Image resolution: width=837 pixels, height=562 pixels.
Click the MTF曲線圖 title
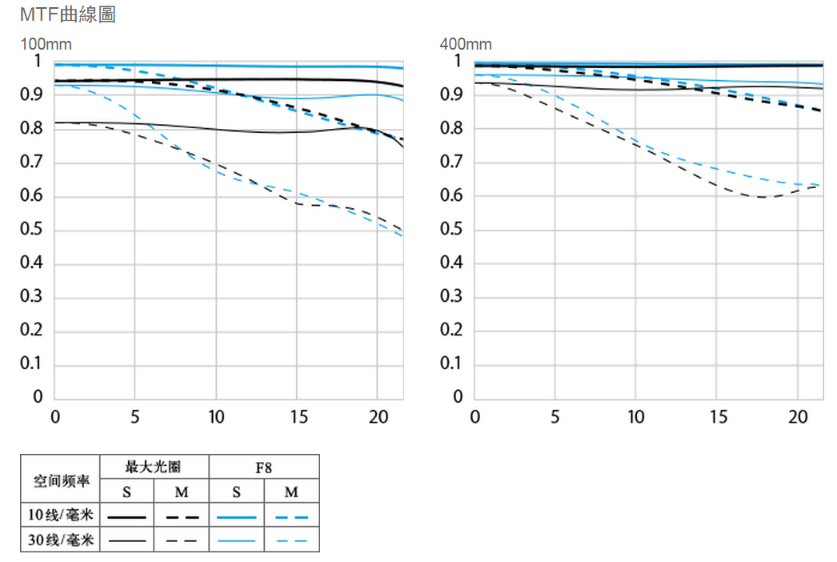(x=67, y=14)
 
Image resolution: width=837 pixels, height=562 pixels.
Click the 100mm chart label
(x=46, y=44)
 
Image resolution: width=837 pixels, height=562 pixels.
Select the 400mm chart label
(x=466, y=44)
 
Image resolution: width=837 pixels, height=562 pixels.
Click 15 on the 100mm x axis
(x=296, y=417)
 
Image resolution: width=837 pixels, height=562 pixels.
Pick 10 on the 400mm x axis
(x=635, y=417)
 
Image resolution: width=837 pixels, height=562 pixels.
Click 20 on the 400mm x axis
(x=797, y=417)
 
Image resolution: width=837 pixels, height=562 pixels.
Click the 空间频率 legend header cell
(x=60, y=481)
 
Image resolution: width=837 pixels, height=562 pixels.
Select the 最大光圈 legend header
(x=154, y=467)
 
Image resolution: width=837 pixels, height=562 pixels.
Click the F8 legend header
(x=264, y=467)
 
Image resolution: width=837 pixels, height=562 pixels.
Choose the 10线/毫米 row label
(x=60, y=516)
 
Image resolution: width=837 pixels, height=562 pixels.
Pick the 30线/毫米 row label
(x=60, y=540)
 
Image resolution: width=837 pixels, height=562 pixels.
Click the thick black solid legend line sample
(x=127, y=517)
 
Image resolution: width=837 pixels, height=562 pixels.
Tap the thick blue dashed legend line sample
(x=291, y=517)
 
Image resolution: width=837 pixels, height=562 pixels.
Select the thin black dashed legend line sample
(x=182, y=541)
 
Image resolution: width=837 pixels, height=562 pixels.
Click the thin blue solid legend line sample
(x=236, y=541)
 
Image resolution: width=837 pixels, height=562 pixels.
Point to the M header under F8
(x=291, y=492)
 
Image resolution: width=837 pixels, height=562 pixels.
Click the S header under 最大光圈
(x=127, y=492)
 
